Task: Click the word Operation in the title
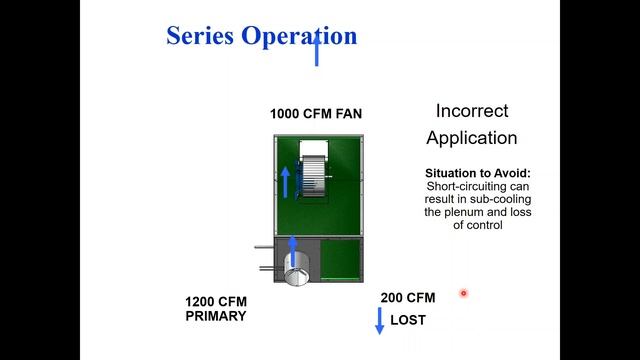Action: coord(298,36)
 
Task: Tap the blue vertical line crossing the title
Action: coord(317,48)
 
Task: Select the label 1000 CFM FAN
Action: coord(316,114)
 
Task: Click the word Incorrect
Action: coord(472,111)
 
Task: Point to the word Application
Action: coord(472,138)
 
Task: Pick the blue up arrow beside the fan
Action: coord(286,181)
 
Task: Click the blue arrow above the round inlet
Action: coord(293,248)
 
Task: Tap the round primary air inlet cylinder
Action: coord(296,269)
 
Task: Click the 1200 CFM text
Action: coord(215,302)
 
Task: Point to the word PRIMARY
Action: coord(215,316)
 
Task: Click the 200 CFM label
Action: coord(408,298)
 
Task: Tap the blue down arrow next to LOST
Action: coord(379,321)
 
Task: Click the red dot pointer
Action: coord(464,293)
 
